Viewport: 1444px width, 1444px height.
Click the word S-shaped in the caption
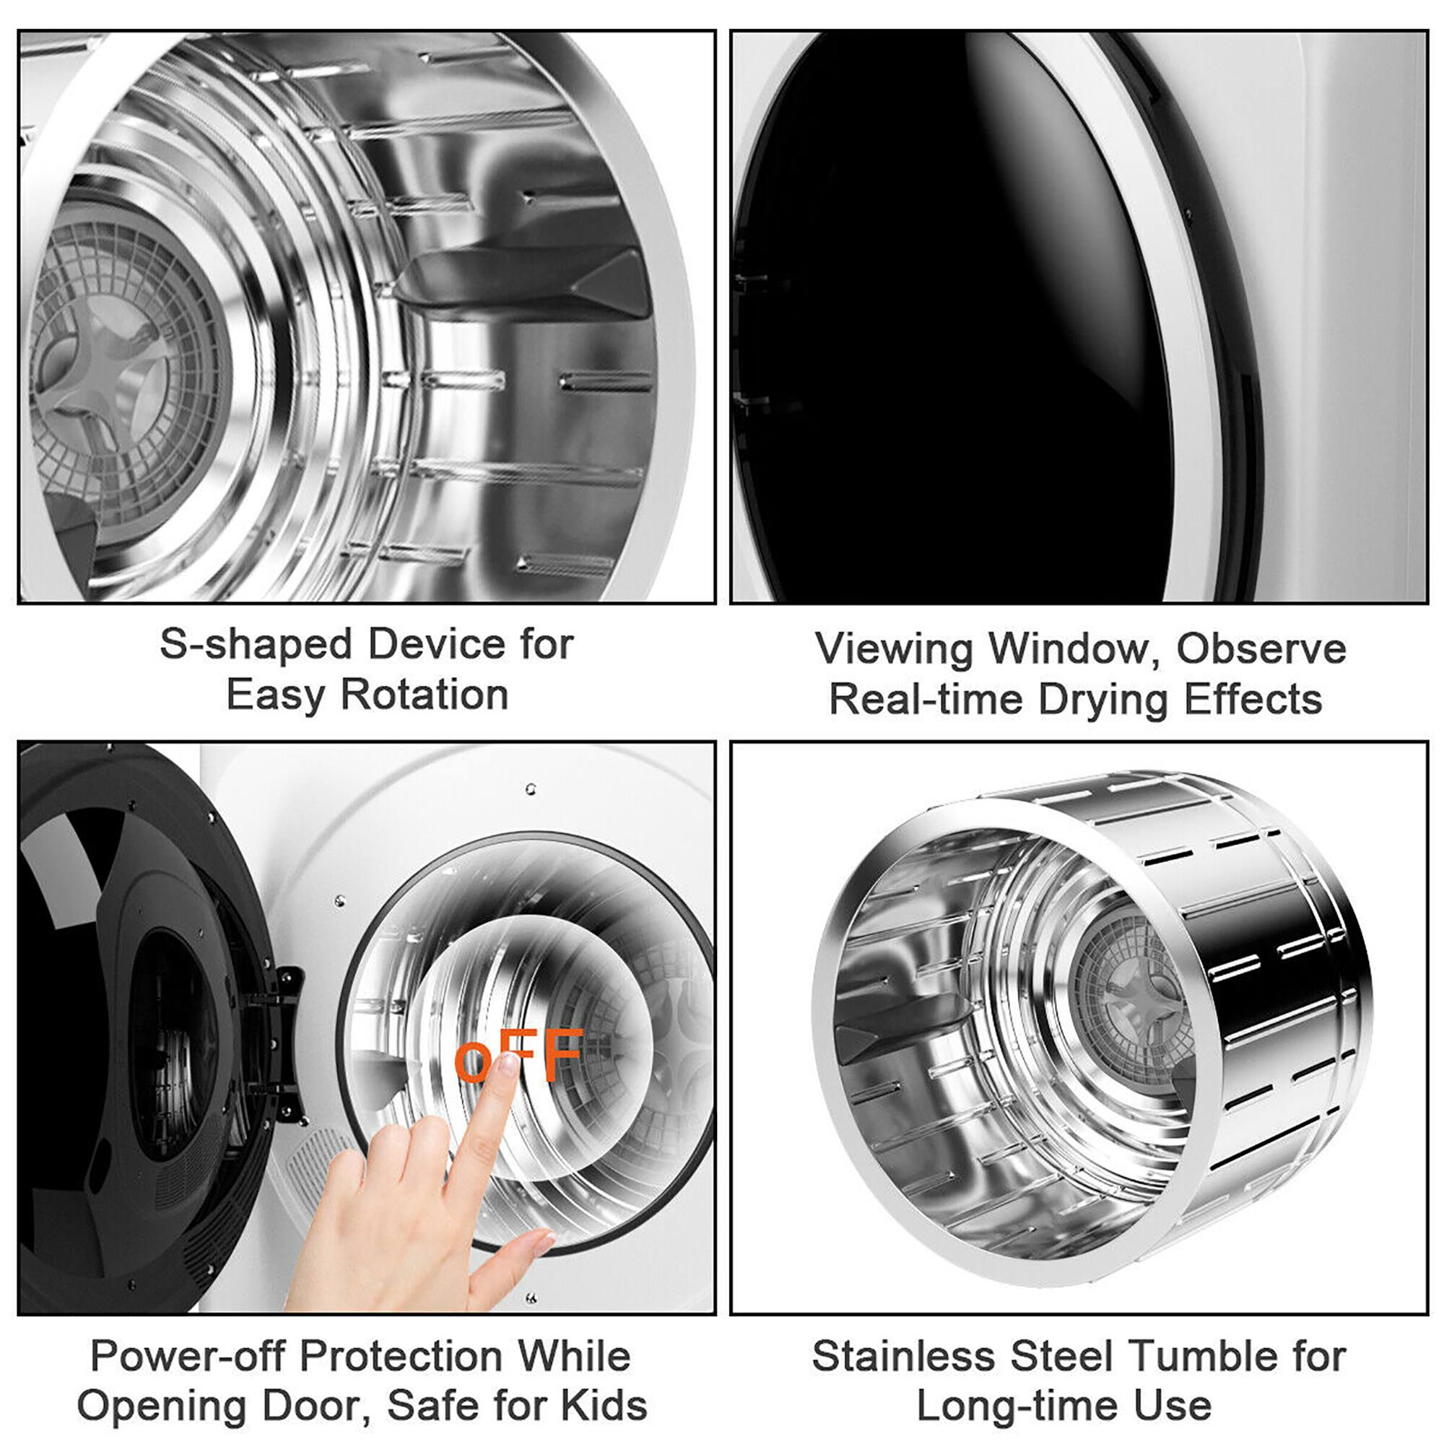click(x=255, y=645)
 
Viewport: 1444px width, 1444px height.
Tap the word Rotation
click(x=425, y=696)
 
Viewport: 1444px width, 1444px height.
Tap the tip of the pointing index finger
click(x=510, y=1062)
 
